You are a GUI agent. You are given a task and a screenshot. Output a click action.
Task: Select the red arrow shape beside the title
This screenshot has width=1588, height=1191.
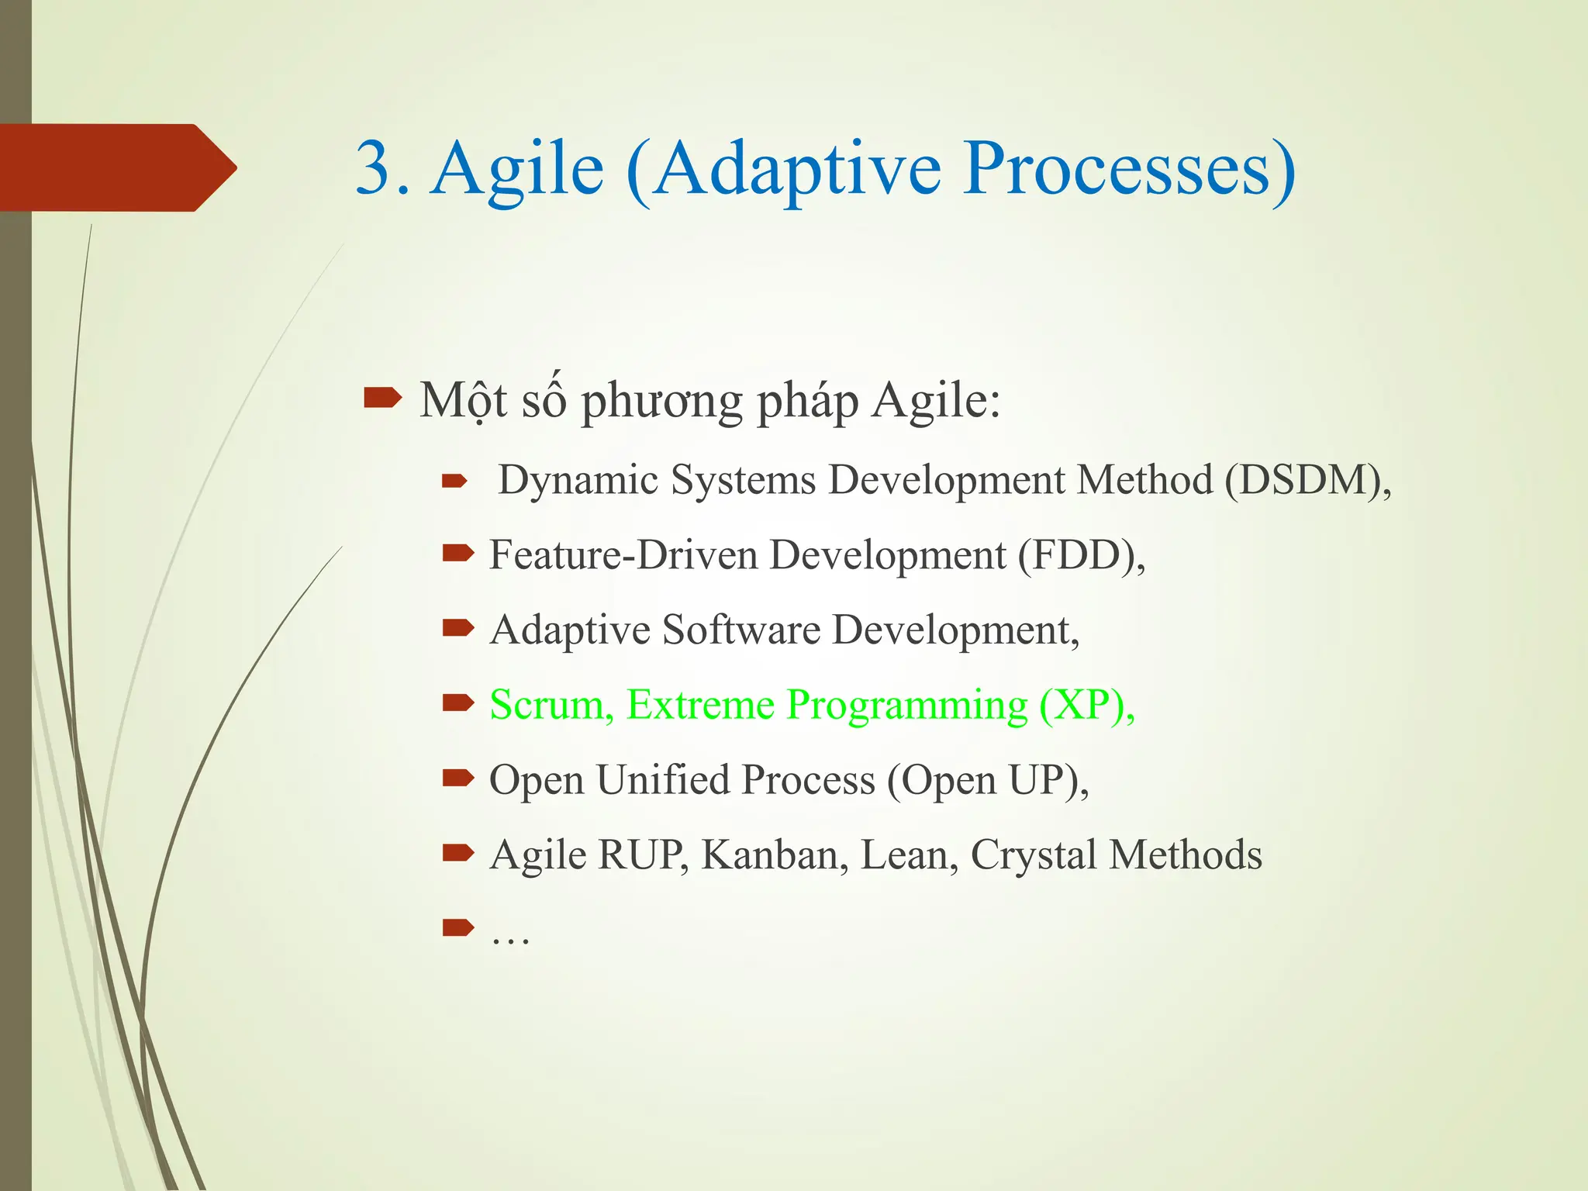116,167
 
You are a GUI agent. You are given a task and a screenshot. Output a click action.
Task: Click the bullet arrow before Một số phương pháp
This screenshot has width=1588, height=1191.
382,399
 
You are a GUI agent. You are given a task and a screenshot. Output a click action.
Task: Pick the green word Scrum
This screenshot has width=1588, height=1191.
548,705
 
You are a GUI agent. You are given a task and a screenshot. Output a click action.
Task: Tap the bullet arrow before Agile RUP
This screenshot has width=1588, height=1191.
457,854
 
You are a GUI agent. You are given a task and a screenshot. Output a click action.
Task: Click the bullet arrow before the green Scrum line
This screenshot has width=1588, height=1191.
457,703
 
